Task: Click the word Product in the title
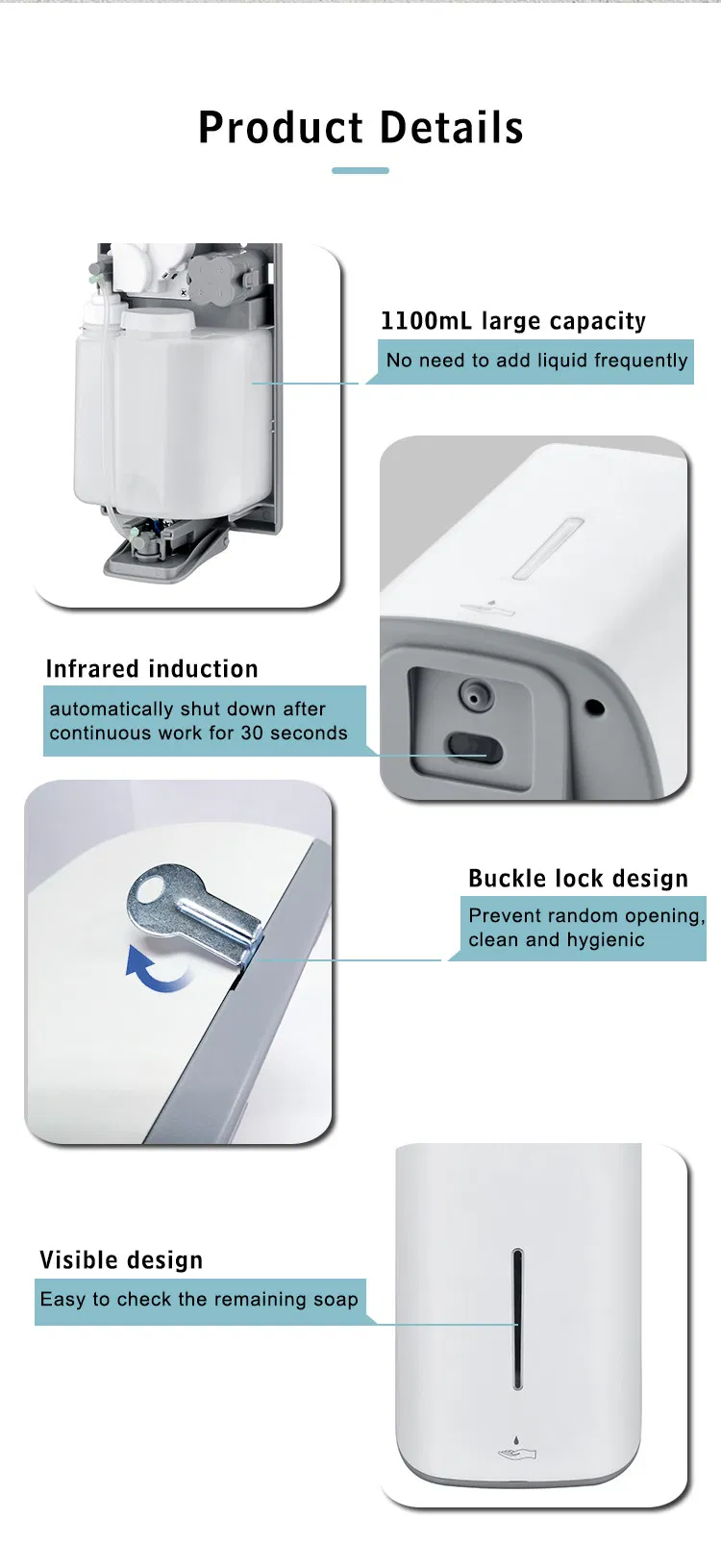(281, 128)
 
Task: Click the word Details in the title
(452, 128)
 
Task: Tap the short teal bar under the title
(360, 171)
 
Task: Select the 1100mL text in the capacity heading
(426, 320)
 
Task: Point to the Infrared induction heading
(152, 669)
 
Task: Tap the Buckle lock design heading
(578, 879)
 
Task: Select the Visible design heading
(121, 1260)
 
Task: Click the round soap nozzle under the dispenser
(476, 695)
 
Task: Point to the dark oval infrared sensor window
(475, 748)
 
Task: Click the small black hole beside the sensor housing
(595, 707)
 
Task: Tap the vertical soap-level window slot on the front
(517, 1319)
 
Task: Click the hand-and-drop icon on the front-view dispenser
(516, 1448)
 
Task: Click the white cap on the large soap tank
(156, 320)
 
